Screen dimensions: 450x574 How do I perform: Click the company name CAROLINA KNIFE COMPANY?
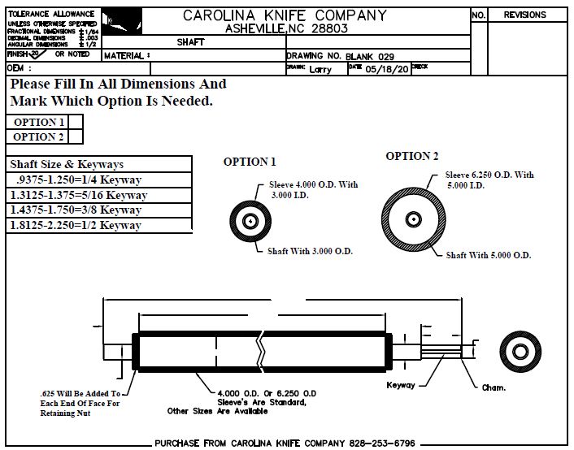[x=285, y=15]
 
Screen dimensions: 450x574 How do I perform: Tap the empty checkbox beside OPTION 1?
[x=75, y=123]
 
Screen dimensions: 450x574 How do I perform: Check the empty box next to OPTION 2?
[x=75, y=137]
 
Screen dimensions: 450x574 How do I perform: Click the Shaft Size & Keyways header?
[x=67, y=164]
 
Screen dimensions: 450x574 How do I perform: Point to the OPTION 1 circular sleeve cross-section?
[x=250, y=220]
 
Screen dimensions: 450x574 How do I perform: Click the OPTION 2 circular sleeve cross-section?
[x=414, y=219]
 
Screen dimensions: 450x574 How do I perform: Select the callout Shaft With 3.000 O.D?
[x=310, y=251]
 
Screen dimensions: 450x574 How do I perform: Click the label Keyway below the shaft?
[x=401, y=385]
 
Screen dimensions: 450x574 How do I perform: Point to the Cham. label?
[x=494, y=387]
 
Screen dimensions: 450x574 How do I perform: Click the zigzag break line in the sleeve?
[x=261, y=350]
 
